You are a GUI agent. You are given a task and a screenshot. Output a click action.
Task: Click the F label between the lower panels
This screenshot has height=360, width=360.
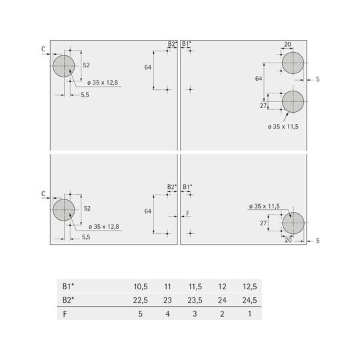pyautogui.click(x=188, y=213)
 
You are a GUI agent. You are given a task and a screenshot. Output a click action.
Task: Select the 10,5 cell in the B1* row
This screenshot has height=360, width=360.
pyautogui.click(x=141, y=287)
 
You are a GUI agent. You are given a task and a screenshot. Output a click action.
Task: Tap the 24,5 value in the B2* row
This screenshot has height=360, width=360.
pyautogui.click(x=249, y=300)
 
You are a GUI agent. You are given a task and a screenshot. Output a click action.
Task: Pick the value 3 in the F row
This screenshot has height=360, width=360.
pyautogui.click(x=195, y=313)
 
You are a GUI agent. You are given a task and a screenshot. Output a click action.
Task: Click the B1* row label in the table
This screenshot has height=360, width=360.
pyautogui.click(x=68, y=286)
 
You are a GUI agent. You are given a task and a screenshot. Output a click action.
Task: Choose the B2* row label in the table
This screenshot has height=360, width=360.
pyautogui.click(x=68, y=300)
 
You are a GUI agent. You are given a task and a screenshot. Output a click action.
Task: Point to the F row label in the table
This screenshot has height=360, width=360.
pyautogui.click(x=65, y=313)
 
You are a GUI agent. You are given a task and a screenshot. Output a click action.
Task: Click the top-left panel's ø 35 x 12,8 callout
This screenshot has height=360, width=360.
pyautogui.click(x=103, y=83)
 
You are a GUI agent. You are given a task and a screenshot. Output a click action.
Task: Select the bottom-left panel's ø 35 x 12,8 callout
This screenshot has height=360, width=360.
pyautogui.click(x=104, y=227)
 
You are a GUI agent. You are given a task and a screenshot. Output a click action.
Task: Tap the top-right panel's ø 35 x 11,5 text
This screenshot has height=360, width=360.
pyautogui.click(x=283, y=127)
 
